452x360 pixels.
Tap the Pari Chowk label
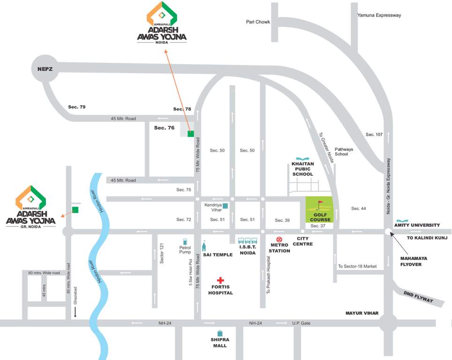pos(258,22)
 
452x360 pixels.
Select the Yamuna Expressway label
pos(379,15)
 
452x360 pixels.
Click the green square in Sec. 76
pos(190,134)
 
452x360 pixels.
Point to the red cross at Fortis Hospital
pos(220,280)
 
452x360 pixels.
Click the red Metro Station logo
pos(279,239)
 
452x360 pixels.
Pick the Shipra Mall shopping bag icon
pos(219,333)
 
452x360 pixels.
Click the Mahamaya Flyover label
pos(417,261)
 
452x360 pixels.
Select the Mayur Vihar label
pos(362,313)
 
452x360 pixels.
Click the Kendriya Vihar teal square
pos(225,205)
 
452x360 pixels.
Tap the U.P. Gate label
pos(302,323)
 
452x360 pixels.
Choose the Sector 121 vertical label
pos(161,254)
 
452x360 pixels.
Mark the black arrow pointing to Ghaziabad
pos(74,312)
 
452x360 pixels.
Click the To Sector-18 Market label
pos(357,266)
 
